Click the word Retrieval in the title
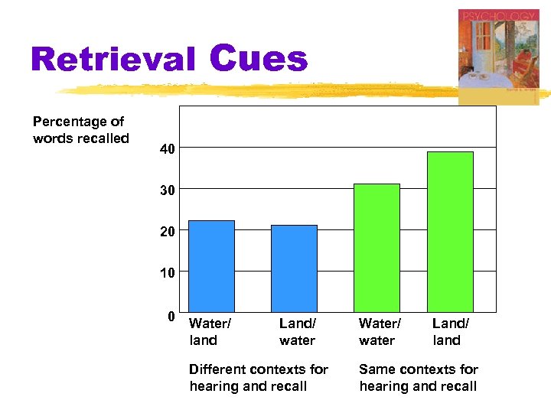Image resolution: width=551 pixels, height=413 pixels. (x=112, y=60)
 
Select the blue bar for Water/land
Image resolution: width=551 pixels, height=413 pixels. (x=211, y=265)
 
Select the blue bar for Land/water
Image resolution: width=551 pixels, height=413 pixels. (x=294, y=268)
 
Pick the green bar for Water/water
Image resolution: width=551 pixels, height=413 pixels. (x=377, y=247)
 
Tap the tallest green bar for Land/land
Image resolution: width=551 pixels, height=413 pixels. (x=450, y=231)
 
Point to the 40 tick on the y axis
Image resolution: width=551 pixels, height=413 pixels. (x=168, y=150)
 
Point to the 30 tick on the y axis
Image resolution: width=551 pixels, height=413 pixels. (x=168, y=190)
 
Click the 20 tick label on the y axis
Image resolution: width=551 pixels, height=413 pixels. (x=168, y=232)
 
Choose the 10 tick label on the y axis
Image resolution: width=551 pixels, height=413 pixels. (x=168, y=273)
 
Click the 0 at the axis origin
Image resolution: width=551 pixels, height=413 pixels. (x=172, y=316)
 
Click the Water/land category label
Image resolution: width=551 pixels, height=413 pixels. (x=210, y=332)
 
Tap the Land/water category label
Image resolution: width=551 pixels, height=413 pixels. (x=297, y=332)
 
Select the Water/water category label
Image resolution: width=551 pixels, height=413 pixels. (x=380, y=332)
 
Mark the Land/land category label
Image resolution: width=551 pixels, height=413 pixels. (x=450, y=332)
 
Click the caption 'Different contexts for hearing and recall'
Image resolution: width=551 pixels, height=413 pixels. (x=259, y=378)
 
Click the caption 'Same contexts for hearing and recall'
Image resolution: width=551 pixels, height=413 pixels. (x=419, y=378)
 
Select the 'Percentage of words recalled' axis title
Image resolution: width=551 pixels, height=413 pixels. (x=80, y=130)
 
